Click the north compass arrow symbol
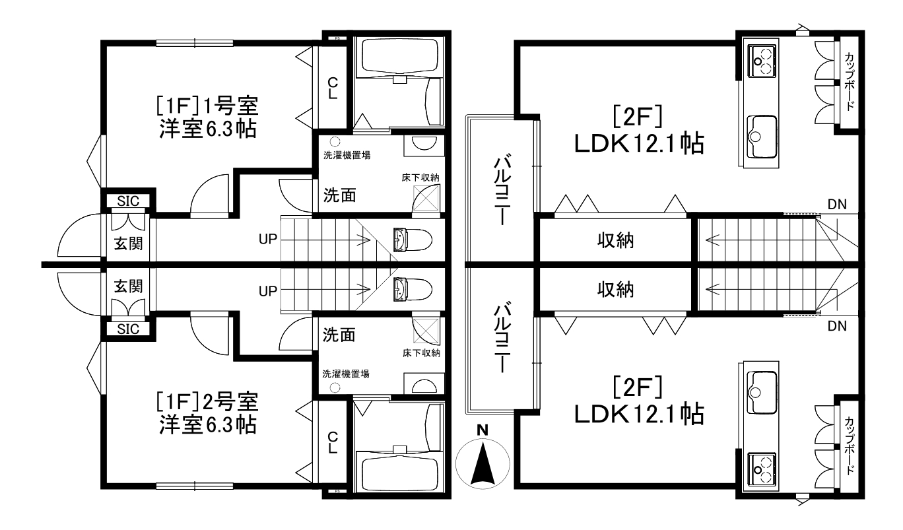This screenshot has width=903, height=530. click(x=483, y=459)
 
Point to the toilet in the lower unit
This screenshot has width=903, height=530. click(x=412, y=288)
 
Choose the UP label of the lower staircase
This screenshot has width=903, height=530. click(x=267, y=289)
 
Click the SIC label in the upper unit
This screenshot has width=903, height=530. click(x=128, y=200)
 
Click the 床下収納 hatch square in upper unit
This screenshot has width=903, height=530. click(x=426, y=197)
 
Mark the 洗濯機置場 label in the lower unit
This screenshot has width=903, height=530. click(x=346, y=373)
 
